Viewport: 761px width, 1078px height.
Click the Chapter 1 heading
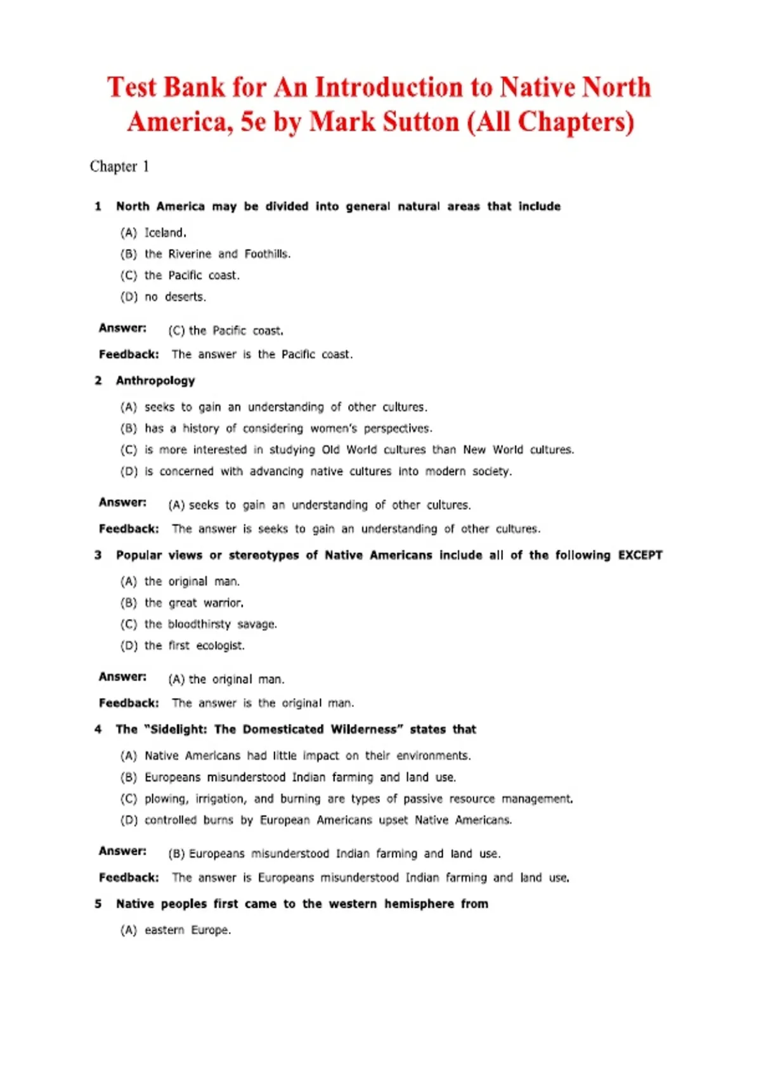click(119, 166)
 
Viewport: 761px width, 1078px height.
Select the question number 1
click(98, 206)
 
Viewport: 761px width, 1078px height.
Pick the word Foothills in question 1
click(267, 254)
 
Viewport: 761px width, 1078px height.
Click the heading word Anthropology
click(155, 380)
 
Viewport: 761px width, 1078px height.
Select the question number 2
click(98, 380)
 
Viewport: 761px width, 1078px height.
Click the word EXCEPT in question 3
click(640, 555)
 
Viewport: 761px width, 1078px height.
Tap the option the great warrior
click(193, 603)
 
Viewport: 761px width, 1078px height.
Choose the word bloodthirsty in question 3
click(199, 625)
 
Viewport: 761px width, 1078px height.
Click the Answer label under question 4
click(122, 851)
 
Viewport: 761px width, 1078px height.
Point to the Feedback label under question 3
click(129, 703)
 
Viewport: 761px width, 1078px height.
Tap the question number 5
click(98, 904)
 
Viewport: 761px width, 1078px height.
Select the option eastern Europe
click(187, 930)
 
